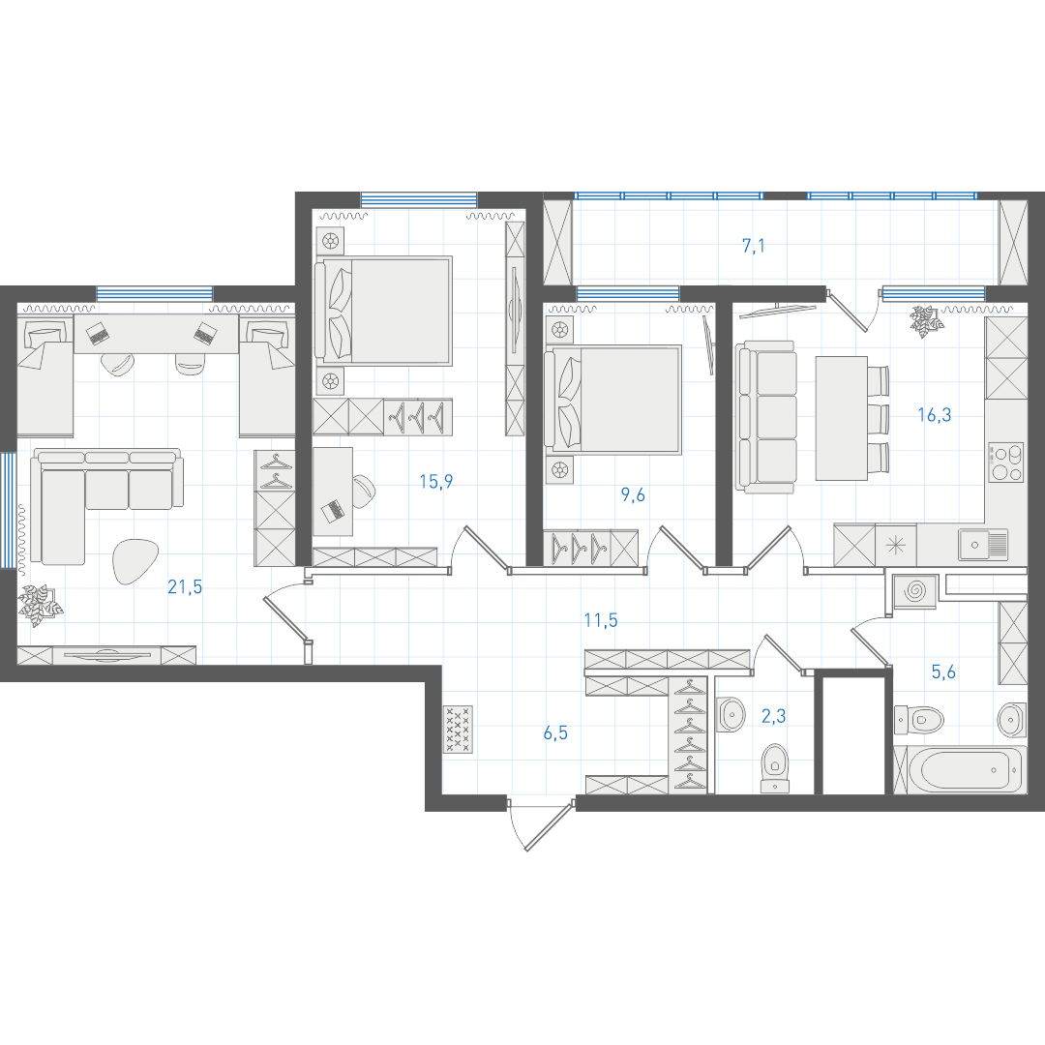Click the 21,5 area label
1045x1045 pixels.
point(185,587)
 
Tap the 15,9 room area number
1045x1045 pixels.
point(435,481)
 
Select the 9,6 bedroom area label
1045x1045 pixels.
point(633,495)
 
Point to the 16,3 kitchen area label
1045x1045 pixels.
point(935,415)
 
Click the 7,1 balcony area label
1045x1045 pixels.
point(754,246)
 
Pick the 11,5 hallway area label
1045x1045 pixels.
point(601,620)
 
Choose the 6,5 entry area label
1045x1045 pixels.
point(555,733)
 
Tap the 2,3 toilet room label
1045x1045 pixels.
point(773,716)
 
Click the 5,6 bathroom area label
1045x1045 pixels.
point(943,672)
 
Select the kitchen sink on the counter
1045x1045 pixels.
point(983,545)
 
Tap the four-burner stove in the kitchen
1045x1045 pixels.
point(1006,463)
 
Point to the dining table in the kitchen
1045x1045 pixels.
point(842,418)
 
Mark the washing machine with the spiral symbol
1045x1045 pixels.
point(915,591)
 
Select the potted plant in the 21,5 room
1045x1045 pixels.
point(40,605)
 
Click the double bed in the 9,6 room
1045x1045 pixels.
point(613,400)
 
